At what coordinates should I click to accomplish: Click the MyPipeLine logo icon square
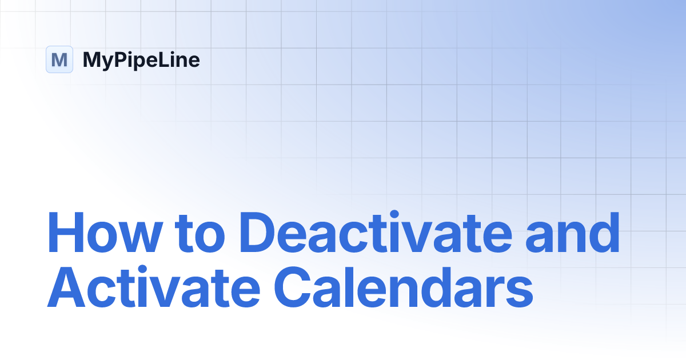(x=59, y=59)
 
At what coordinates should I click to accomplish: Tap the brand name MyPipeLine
(x=141, y=60)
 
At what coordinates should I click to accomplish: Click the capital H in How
(x=65, y=234)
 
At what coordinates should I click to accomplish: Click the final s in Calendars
(x=519, y=294)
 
